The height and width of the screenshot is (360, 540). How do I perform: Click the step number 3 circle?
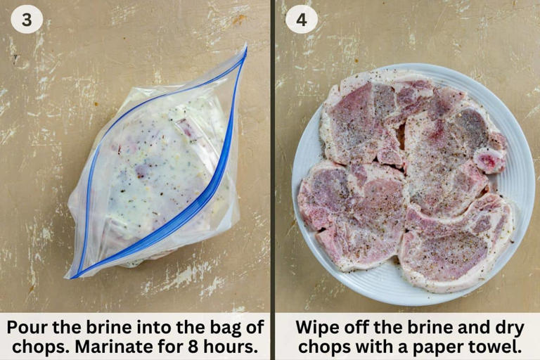point(27,20)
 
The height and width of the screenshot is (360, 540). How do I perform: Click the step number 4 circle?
point(302,20)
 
